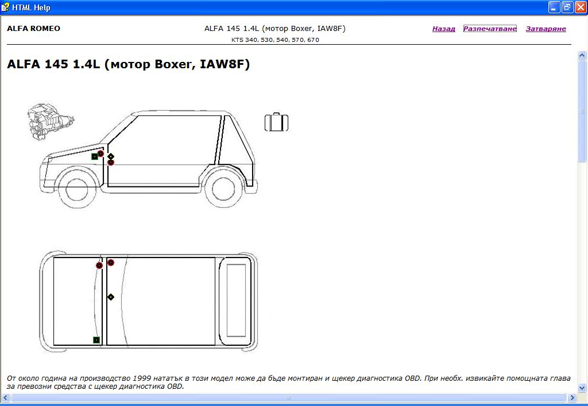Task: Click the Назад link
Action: (x=444, y=29)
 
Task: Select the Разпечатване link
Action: (x=490, y=29)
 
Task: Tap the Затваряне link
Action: (x=546, y=29)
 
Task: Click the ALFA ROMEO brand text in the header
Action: (x=33, y=29)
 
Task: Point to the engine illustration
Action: (x=51, y=122)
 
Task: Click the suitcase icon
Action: (x=276, y=122)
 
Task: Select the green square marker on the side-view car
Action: (x=95, y=156)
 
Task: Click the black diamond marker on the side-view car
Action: (x=111, y=156)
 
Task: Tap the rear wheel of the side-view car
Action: (x=223, y=189)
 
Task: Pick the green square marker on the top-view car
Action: (x=96, y=340)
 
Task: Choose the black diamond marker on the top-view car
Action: (x=111, y=297)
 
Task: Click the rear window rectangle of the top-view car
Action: (x=236, y=300)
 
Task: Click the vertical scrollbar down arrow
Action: (x=582, y=388)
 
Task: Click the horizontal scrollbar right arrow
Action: (x=572, y=397)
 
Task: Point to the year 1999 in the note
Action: (x=142, y=378)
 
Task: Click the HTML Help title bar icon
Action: (x=5, y=7)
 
